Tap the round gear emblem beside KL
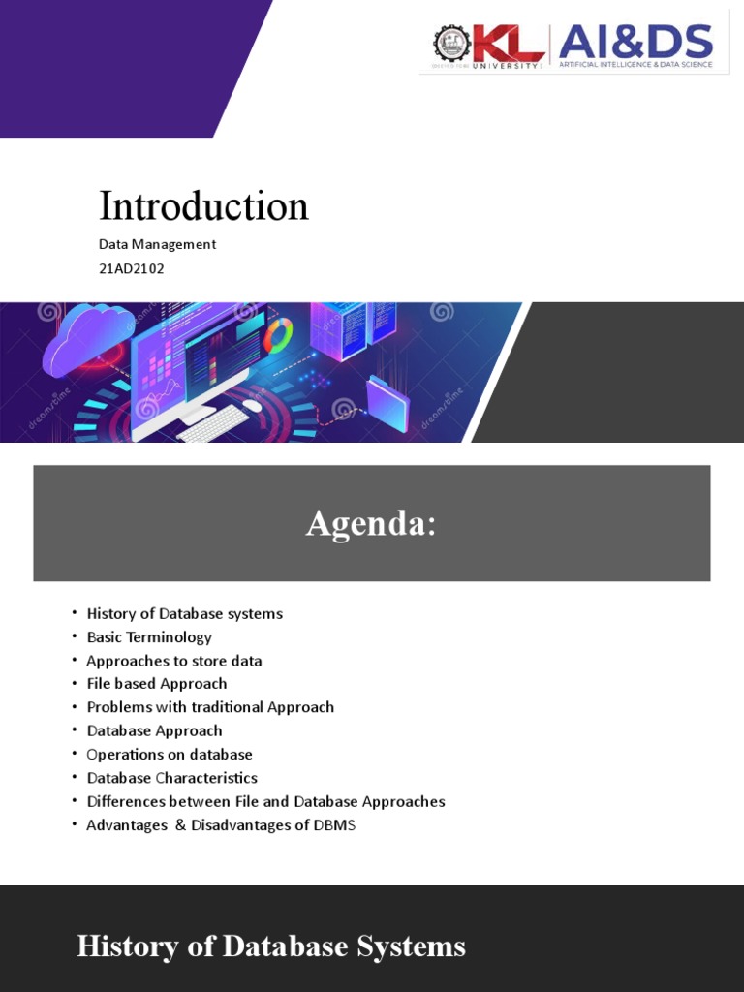[x=449, y=44]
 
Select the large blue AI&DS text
[x=635, y=41]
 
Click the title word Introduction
[x=203, y=205]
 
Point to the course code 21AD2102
[x=132, y=268]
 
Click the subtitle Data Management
[x=157, y=244]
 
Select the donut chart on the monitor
[x=278, y=335]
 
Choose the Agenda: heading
[x=371, y=524]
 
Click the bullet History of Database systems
[x=184, y=613]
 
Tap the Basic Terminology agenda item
[x=149, y=637]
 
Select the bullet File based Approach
[x=156, y=684]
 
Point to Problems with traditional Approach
[x=210, y=707]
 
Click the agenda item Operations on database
[x=170, y=755]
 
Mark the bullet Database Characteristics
[x=171, y=778]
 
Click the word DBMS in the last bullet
[x=333, y=825]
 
